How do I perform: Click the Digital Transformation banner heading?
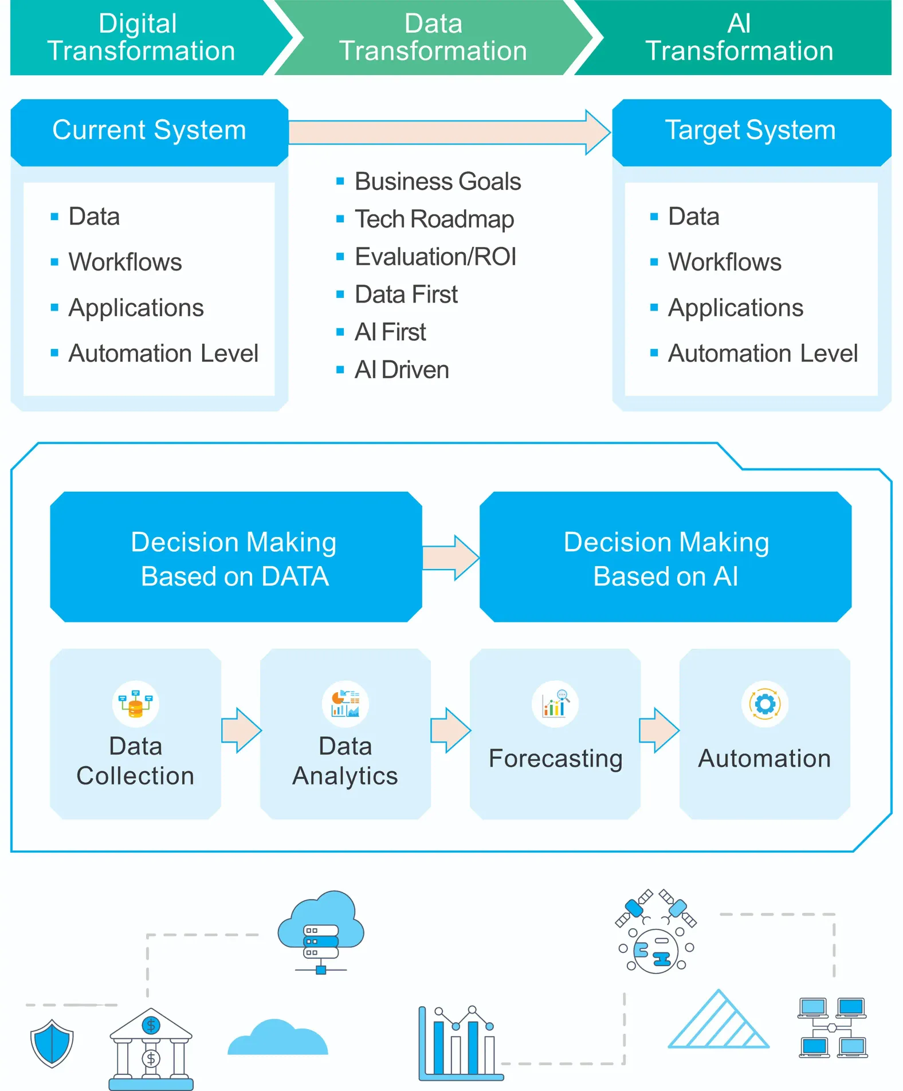pos(141,37)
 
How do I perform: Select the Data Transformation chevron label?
pos(433,37)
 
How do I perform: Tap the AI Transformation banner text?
pos(739,37)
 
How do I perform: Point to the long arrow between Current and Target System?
pos(449,132)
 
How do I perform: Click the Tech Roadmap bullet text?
pos(434,219)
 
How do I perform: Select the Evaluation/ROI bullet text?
pos(435,257)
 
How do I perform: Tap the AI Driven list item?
pos(402,370)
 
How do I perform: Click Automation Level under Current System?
pos(163,353)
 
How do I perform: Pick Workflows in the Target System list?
pos(725,262)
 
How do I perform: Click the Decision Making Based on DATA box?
pos(236,557)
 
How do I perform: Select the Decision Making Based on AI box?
pos(666,557)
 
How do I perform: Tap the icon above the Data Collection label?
pos(136,704)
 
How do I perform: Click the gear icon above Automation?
pos(765,704)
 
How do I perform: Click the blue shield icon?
pos(52,1043)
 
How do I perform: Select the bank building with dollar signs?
pos(151,1049)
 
